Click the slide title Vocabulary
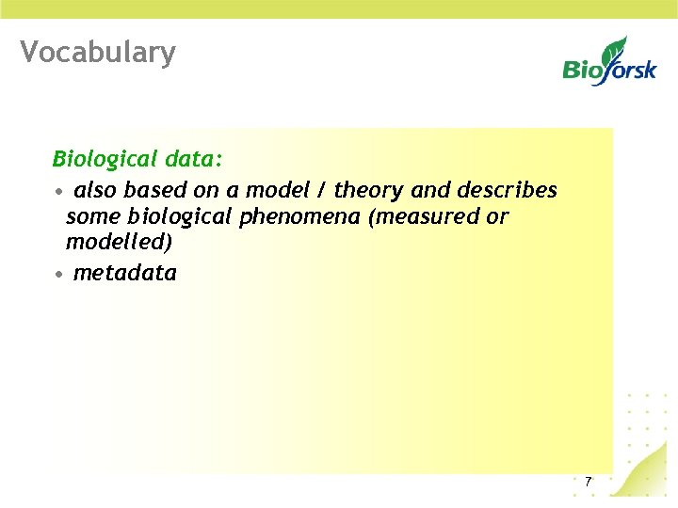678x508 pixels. pos(98,53)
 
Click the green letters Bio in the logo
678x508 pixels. pos(582,69)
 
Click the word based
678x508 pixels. pos(152,191)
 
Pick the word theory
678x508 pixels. pos(370,191)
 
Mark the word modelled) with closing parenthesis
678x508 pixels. pos(119,241)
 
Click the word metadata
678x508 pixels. pos(124,274)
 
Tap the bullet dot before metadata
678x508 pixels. pos(58,275)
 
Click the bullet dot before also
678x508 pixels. pos(58,192)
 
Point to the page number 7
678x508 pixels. pos(588,482)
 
